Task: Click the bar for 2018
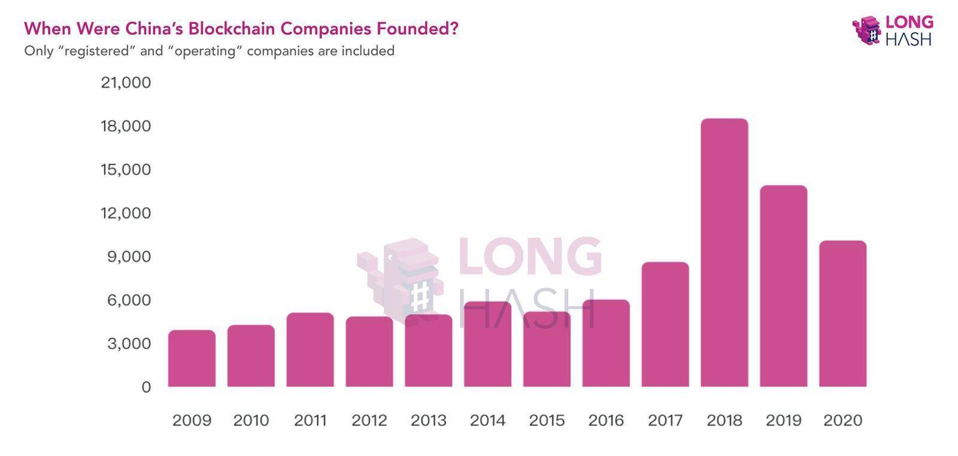tap(724, 253)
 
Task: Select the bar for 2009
tap(192, 358)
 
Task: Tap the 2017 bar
tap(665, 324)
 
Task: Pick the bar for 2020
tap(843, 313)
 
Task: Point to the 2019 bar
tap(784, 286)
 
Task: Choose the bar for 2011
tap(310, 350)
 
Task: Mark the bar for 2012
tap(369, 352)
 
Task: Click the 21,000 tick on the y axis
tap(126, 82)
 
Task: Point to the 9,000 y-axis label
tap(129, 256)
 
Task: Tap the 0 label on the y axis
tap(146, 387)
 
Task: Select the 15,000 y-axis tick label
tap(126, 170)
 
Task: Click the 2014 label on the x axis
tap(487, 421)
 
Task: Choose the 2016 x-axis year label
tap(606, 421)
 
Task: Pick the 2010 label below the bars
tap(251, 421)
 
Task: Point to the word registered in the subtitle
tap(96, 51)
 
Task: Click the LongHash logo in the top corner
tap(893, 30)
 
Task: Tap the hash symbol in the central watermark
tap(420, 296)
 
